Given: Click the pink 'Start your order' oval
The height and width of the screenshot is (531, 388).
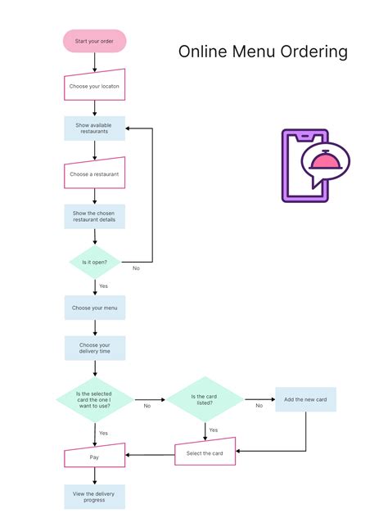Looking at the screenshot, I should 95,41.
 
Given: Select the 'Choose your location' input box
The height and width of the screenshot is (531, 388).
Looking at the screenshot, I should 95,85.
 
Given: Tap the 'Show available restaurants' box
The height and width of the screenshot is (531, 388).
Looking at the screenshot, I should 95,128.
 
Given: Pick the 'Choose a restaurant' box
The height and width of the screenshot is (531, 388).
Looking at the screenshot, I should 95,173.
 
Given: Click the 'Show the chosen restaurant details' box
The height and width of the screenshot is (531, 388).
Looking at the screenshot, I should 95,217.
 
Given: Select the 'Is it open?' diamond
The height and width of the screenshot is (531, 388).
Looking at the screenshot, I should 95,262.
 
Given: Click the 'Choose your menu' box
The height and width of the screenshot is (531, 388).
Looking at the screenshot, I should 95,308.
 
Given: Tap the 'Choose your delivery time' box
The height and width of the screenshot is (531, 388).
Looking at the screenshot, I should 95,349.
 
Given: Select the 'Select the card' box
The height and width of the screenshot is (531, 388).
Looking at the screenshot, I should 205,452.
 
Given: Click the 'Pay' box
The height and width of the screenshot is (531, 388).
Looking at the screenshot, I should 95,457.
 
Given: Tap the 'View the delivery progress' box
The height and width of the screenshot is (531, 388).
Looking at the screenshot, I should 95,496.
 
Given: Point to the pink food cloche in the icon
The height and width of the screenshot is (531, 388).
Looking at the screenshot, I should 326,161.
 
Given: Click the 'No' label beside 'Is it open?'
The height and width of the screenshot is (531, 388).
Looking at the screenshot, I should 136,268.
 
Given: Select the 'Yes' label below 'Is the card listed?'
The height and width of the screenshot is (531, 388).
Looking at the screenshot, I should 214,430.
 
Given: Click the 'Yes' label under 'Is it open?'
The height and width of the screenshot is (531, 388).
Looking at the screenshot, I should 104,286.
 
